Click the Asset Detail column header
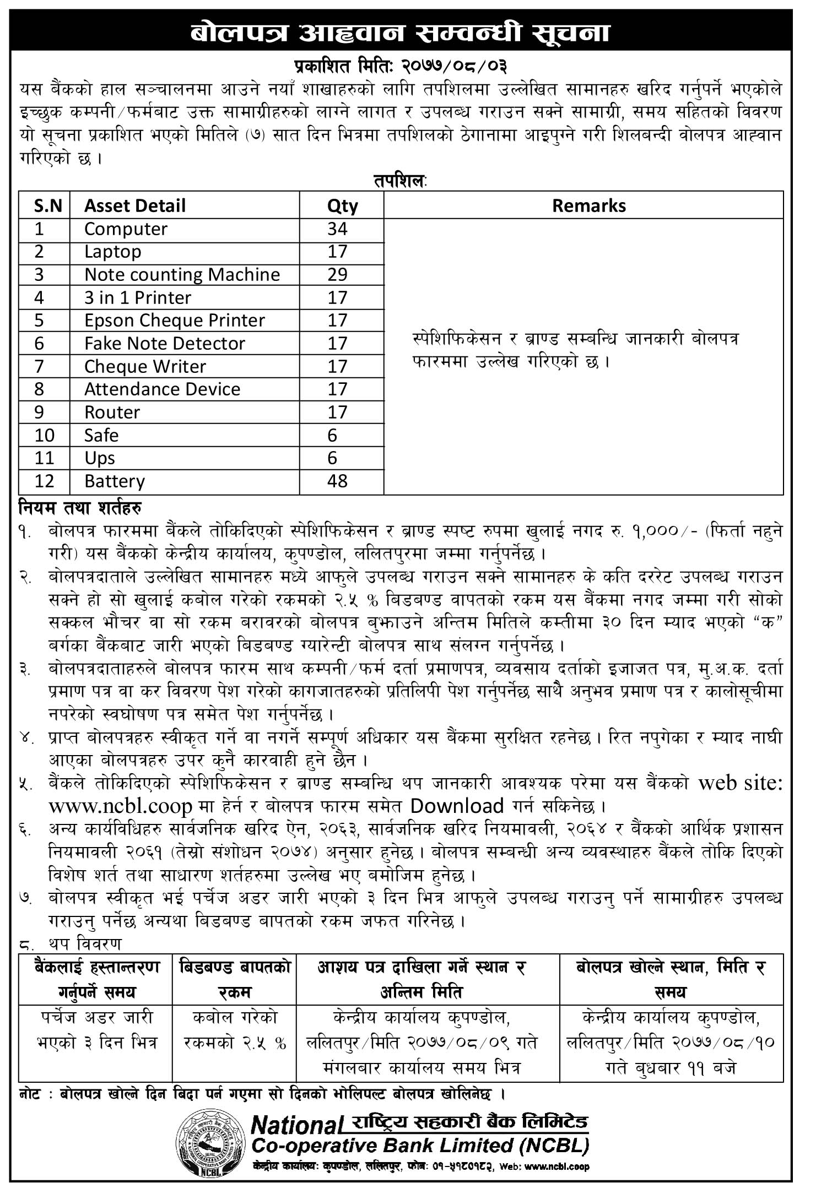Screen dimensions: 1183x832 click(134, 205)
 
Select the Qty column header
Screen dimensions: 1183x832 click(342, 205)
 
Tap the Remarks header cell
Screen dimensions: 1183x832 click(588, 205)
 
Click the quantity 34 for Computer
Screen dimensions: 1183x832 click(337, 229)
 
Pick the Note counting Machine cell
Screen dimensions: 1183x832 click(182, 274)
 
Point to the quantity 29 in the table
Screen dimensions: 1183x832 click(337, 274)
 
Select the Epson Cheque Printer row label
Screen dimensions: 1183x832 click(174, 320)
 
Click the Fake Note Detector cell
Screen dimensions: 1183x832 click(164, 343)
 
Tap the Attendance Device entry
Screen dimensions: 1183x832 click(162, 389)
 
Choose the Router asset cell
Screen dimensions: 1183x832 click(112, 412)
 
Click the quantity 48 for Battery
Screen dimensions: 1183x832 click(337, 481)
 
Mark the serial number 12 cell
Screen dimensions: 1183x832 click(44, 481)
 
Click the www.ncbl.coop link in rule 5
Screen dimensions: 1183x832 click(120, 807)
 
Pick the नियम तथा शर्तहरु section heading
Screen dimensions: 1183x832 click(81, 506)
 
